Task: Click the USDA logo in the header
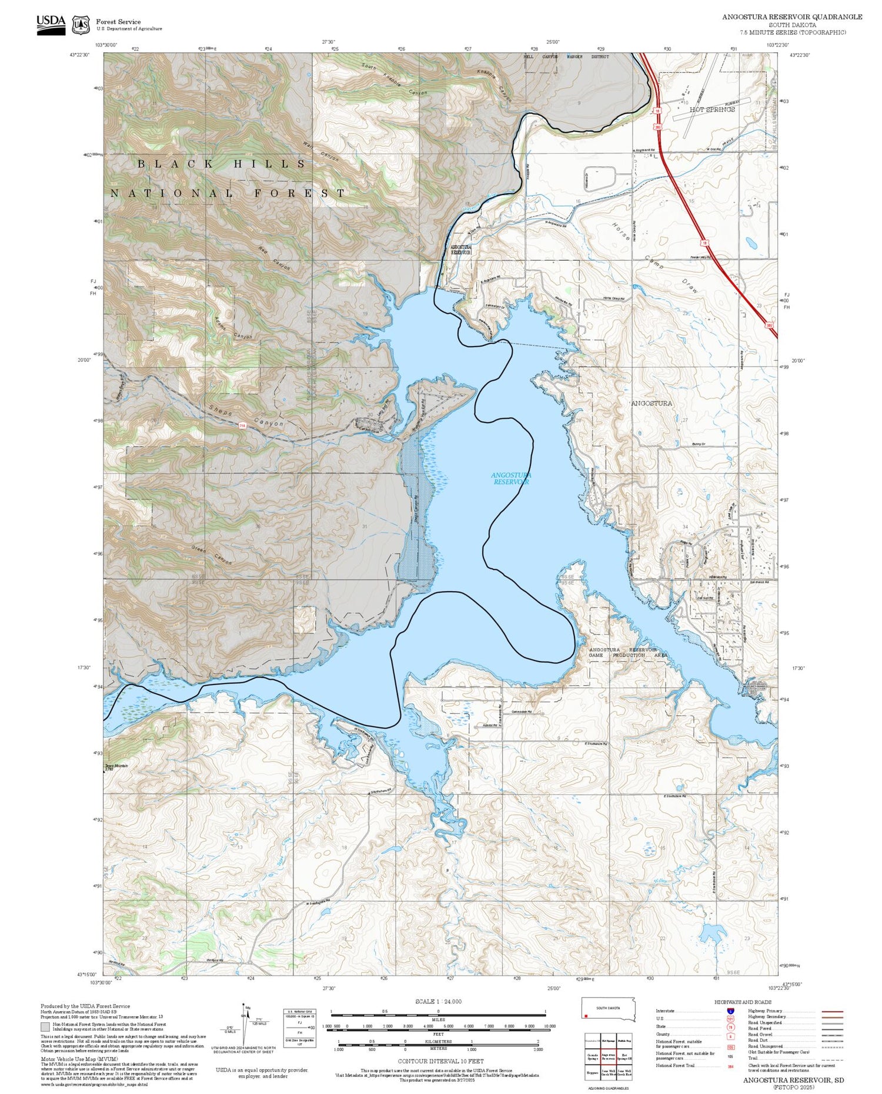point(51,25)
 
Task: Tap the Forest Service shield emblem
point(81,25)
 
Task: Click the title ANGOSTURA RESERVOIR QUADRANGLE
point(792,17)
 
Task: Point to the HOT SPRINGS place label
point(712,109)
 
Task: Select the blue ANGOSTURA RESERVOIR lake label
point(511,478)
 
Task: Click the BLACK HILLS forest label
point(222,164)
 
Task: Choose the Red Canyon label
point(274,259)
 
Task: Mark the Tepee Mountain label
point(115,766)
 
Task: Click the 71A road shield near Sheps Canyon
point(242,425)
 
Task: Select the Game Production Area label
point(627,652)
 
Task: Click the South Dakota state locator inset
point(609,1008)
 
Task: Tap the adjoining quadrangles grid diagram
point(609,1058)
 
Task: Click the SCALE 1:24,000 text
point(438,1002)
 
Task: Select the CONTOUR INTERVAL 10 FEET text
point(440,1061)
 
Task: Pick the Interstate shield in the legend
point(731,1011)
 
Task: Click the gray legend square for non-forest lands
point(45,1027)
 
